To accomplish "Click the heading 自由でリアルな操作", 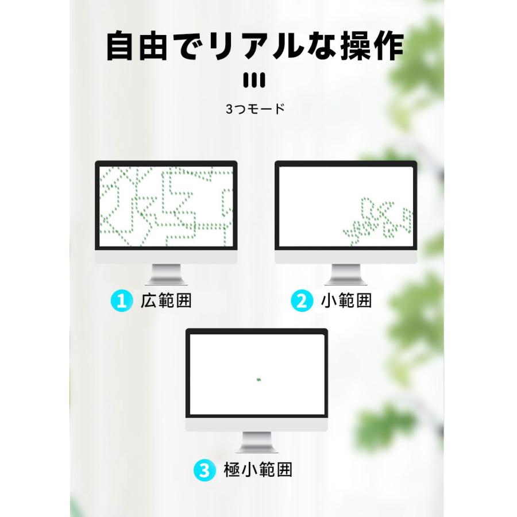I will click(x=255, y=46).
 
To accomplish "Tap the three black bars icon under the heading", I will click(x=254, y=80).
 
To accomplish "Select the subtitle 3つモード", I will click(x=255, y=109).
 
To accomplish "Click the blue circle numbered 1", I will click(x=121, y=301).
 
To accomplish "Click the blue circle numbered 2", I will click(x=302, y=301).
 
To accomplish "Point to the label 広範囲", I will click(x=166, y=301).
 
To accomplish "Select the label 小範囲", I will click(x=346, y=301).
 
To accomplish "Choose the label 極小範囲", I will click(x=258, y=470).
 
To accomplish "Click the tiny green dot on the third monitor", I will click(x=258, y=380).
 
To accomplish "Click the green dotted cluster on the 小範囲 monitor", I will click(x=379, y=221).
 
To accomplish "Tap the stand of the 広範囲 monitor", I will click(x=166, y=275).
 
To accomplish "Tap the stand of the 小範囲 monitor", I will click(x=346, y=275).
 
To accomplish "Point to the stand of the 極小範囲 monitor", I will click(x=256, y=442).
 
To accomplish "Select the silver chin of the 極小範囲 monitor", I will click(x=256, y=425).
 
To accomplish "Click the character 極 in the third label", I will click(x=233, y=470).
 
